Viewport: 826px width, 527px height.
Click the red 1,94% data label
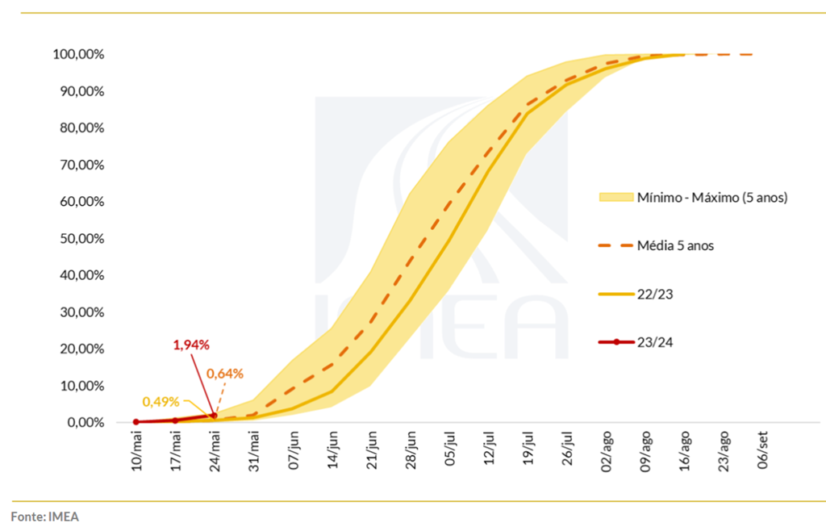point(191,345)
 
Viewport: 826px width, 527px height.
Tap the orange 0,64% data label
point(225,374)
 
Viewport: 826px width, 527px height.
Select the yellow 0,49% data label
point(160,401)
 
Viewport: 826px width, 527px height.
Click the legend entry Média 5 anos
point(675,245)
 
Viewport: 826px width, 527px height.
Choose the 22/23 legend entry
point(655,295)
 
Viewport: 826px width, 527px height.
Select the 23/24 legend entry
point(655,342)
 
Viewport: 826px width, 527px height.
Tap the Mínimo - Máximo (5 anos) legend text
point(711,197)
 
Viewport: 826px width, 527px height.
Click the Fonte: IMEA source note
point(45,515)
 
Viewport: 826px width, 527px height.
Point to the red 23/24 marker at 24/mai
point(215,416)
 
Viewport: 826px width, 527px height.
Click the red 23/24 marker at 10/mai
point(136,422)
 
